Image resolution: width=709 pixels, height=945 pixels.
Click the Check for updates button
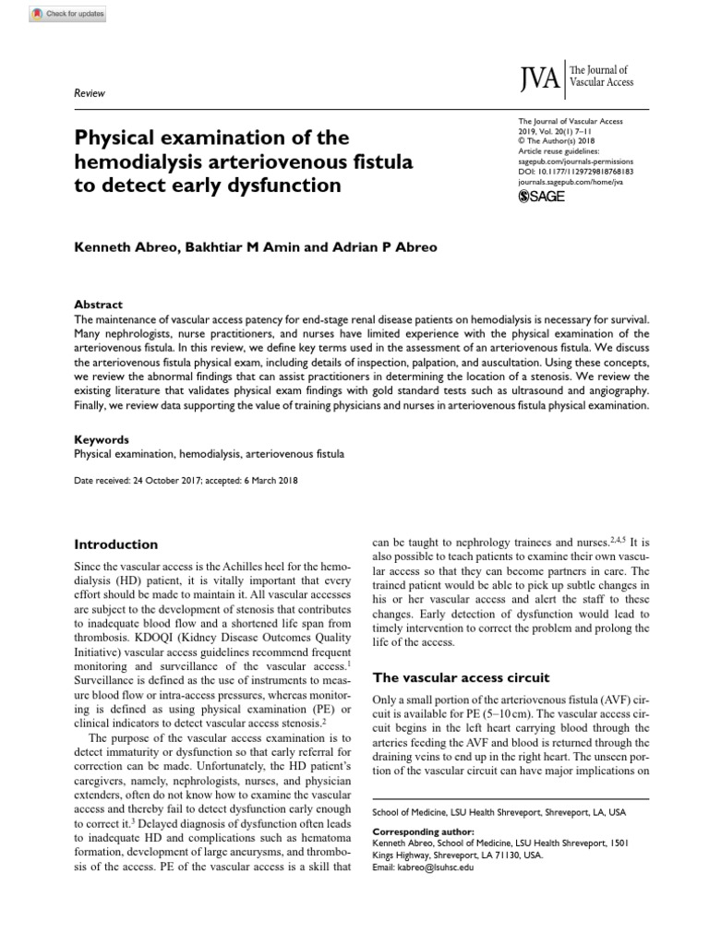tap(56, 15)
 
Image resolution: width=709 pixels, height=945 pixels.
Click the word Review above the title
tap(89, 93)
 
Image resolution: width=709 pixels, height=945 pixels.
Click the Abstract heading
tap(97, 305)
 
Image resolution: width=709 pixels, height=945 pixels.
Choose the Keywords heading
tap(101, 440)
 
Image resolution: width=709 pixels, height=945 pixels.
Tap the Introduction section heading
tap(115, 544)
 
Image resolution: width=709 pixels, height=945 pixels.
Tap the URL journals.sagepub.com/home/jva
tap(577, 183)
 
